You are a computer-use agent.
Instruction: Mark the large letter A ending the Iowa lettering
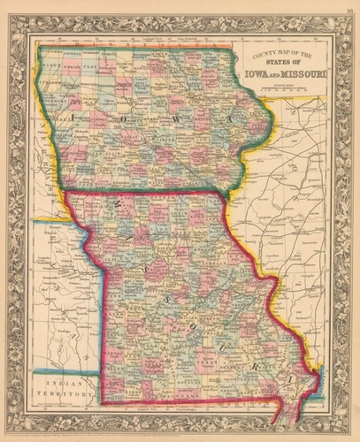coord(232,117)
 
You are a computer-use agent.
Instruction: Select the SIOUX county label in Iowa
coord(50,65)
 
